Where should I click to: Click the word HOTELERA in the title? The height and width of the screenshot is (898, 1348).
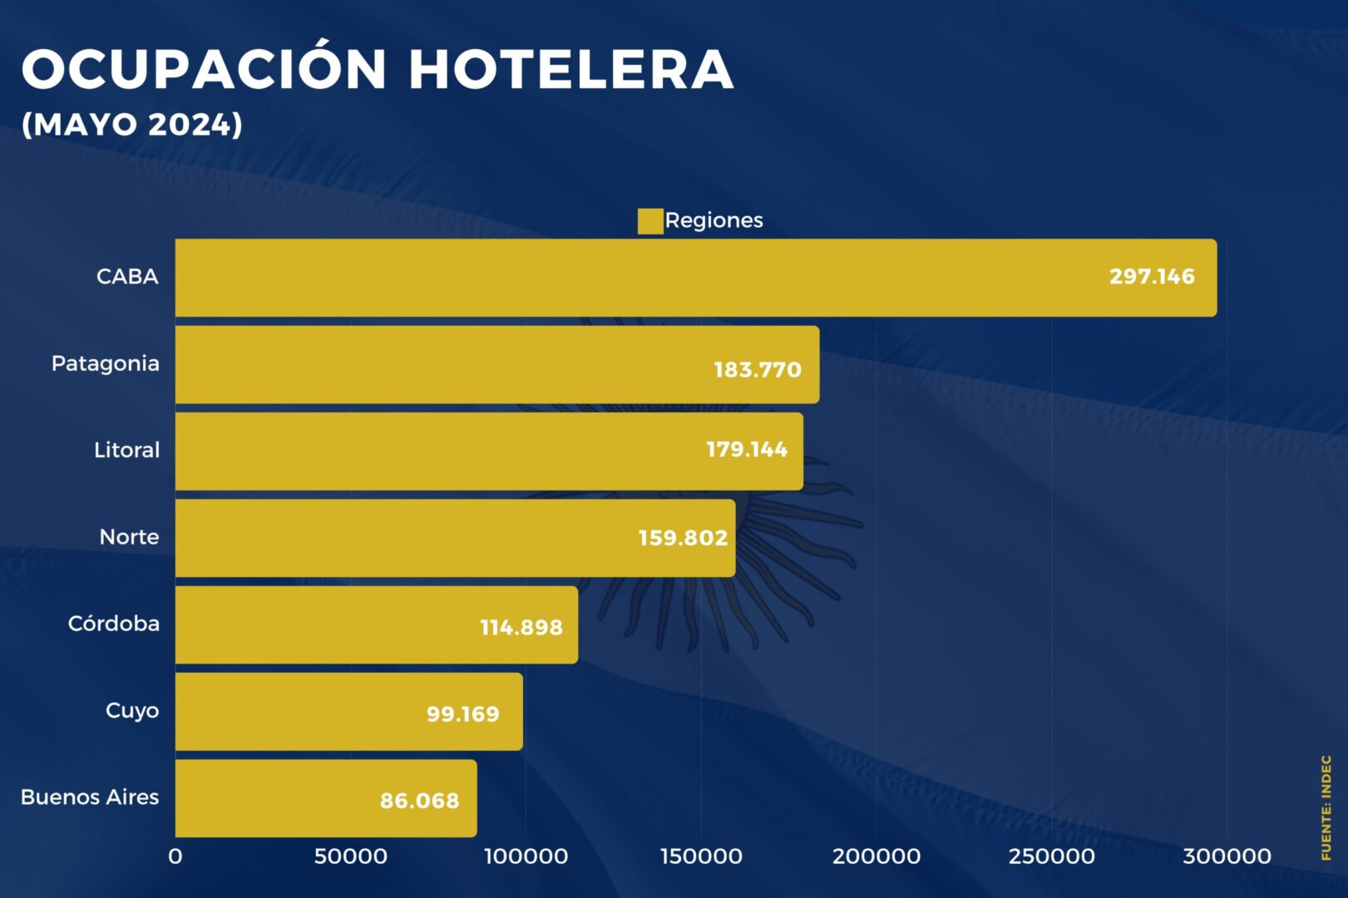pos(571,69)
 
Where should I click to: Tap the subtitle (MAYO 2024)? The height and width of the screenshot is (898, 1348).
pos(132,125)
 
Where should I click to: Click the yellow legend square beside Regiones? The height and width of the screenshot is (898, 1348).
pos(649,221)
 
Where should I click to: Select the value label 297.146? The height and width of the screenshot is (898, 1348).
pos(1152,277)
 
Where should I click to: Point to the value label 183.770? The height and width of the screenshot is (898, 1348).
pos(758,370)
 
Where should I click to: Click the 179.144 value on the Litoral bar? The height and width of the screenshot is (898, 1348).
pos(747,450)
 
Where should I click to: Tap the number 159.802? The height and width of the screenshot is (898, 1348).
pos(683,538)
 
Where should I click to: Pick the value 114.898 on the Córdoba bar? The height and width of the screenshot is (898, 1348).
pos(521,628)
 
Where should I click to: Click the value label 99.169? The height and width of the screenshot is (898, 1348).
pos(463,714)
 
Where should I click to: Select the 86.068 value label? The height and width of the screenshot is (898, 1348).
pos(420,801)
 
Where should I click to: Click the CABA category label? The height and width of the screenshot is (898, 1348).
pos(127,277)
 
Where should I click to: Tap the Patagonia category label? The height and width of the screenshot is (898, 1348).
pos(106,363)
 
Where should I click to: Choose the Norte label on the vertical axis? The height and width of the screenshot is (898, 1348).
pos(129,537)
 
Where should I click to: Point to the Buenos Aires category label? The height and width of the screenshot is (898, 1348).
pos(90,797)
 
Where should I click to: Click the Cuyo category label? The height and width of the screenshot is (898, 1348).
pos(132,711)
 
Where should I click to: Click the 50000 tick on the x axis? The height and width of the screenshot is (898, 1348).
pos(350,856)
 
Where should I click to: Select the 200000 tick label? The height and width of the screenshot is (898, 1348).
pos(876,856)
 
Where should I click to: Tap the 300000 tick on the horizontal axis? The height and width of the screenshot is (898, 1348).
pos(1227,856)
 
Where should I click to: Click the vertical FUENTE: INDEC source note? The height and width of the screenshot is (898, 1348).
pos(1326,807)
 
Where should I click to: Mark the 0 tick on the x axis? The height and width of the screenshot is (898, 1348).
pos(175,856)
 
